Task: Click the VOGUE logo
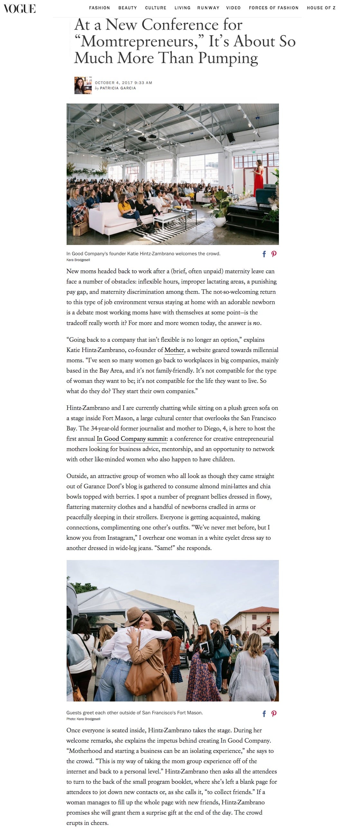20,8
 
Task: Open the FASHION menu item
99,8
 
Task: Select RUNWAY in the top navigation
208,8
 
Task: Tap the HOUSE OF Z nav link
321,8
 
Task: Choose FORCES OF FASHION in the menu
273,8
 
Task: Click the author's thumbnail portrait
83,85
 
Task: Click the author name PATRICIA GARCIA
118,88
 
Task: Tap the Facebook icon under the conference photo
264,254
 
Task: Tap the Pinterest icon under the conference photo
274,254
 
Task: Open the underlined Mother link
174,350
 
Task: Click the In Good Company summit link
132,439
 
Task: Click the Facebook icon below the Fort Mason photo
264,714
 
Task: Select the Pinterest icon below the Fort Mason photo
274,714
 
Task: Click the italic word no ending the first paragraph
256,323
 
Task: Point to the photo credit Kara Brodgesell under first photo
78,260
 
